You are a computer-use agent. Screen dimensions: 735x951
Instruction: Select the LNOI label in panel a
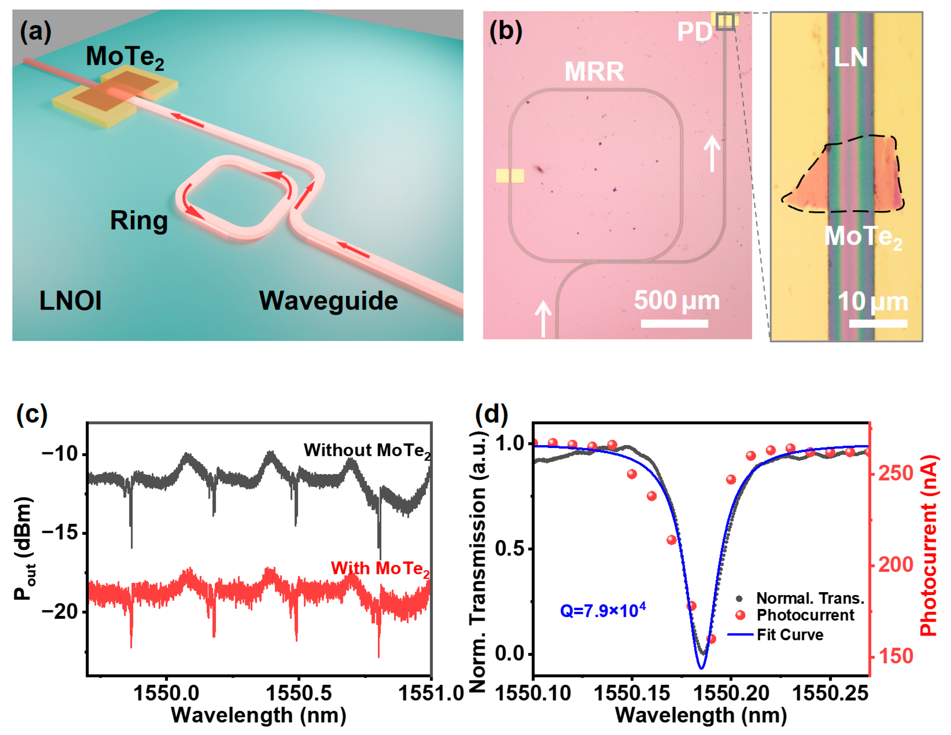(71, 301)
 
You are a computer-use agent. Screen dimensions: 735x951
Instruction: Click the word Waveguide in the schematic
(328, 301)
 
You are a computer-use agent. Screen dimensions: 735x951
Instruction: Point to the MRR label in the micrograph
(594, 72)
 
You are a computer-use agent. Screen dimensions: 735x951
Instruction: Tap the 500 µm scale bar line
(674, 323)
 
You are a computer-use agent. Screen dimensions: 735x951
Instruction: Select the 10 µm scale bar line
(878, 323)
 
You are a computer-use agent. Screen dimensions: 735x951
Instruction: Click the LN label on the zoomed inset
(850, 57)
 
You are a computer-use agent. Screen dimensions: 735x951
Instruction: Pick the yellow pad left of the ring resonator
(510, 176)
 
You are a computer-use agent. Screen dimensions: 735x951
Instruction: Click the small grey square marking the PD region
(725, 21)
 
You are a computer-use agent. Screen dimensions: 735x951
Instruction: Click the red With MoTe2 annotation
(380, 569)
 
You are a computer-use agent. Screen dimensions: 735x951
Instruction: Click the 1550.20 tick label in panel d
(731, 693)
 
